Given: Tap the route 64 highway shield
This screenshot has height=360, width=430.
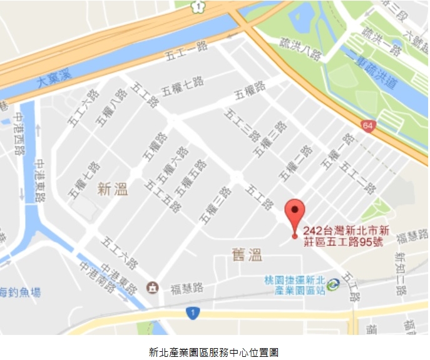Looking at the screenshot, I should pyautogui.click(x=369, y=125).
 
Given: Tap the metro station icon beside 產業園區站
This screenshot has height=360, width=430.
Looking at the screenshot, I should pyautogui.click(x=332, y=285).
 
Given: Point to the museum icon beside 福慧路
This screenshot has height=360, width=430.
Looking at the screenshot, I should pyautogui.click(x=153, y=287).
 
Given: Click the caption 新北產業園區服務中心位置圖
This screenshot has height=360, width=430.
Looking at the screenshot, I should pyautogui.click(x=214, y=352).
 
